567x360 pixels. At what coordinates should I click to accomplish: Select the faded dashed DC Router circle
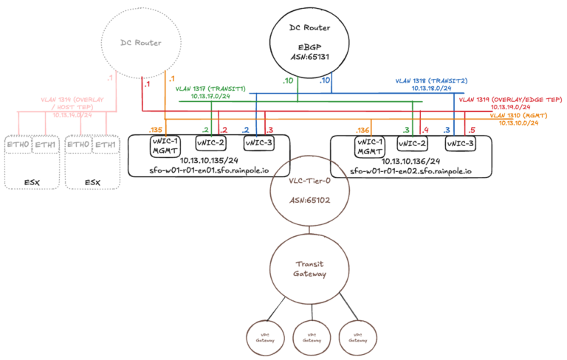(x=141, y=44)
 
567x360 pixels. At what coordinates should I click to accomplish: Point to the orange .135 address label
(x=155, y=129)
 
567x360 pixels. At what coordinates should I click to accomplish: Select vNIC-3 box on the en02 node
(x=458, y=143)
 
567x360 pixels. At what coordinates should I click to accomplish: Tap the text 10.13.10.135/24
(x=207, y=161)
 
